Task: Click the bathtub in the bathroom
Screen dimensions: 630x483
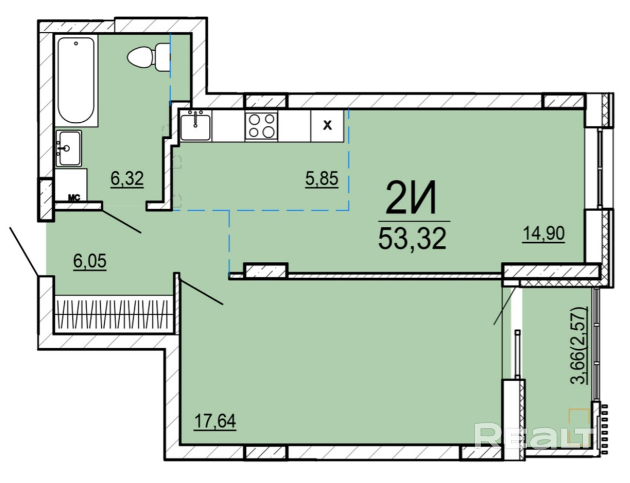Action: [76, 81]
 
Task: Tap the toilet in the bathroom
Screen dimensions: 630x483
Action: [149, 57]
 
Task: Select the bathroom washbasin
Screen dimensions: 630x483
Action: [68, 148]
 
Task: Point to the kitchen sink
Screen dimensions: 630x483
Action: [195, 125]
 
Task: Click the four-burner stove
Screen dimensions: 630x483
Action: [262, 126]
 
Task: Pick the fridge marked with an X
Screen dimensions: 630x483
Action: [327, 125]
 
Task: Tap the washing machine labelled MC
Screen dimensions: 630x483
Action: [71, 185]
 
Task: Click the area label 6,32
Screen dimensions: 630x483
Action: [127, 179]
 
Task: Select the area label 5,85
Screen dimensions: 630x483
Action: [322, 179]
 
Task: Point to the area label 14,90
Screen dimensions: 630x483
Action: [543, 234]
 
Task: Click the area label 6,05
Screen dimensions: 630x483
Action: [89, 261]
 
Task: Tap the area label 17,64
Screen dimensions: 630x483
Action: [215, 422]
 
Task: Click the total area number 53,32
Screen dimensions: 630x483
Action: [412, 239]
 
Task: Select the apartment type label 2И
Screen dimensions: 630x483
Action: [411, 199]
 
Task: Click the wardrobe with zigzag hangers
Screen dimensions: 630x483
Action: [114, 313]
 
